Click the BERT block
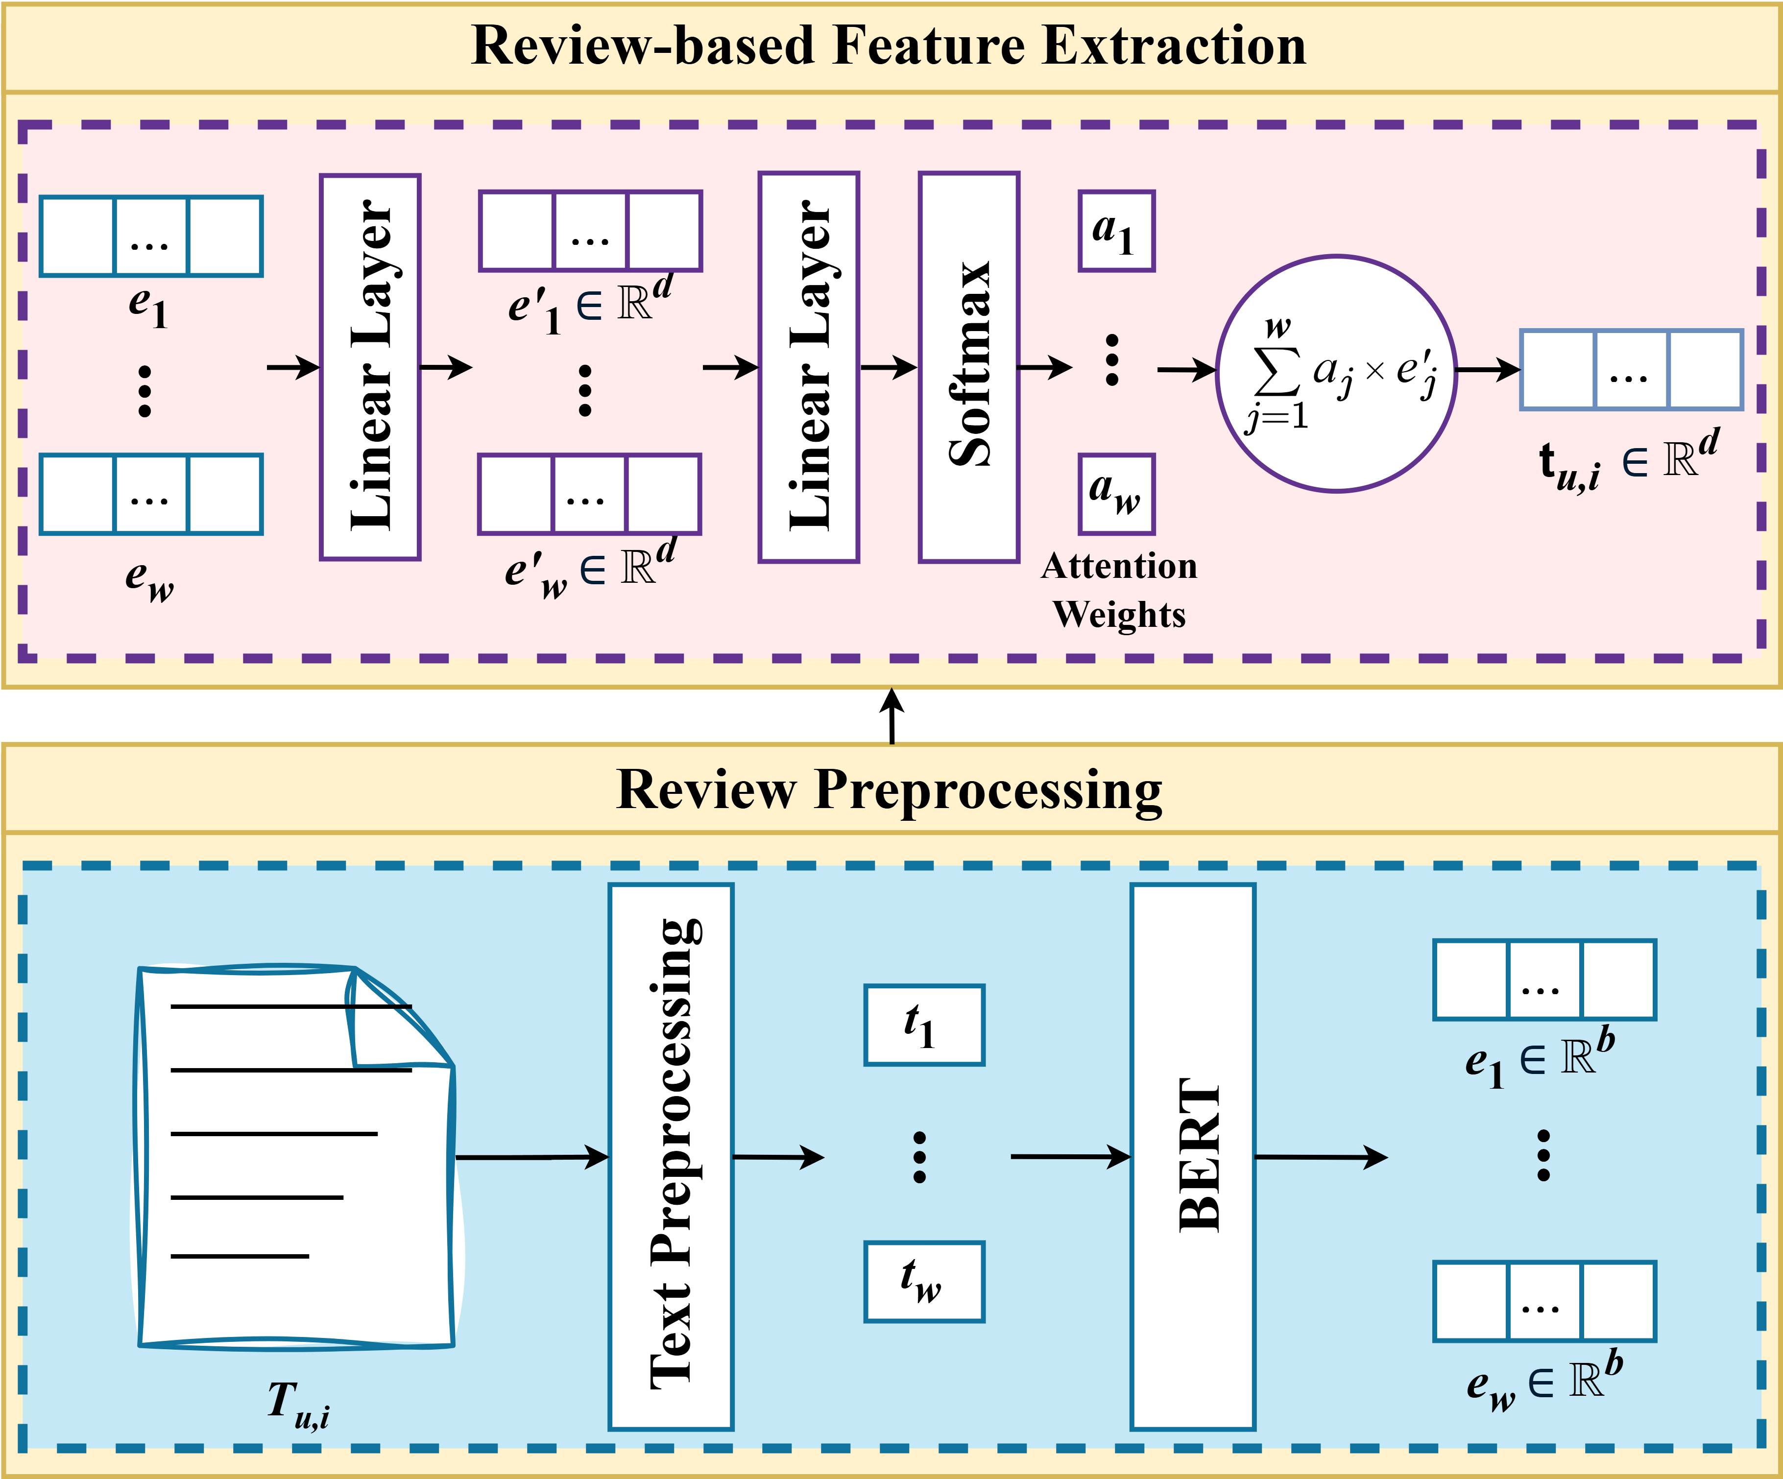[x=1193, y=1156]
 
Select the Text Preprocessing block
[x=671, y=1156]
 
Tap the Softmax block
[x=969, y=367]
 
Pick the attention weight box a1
[x=1116, y=231]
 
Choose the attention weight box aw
[x=1116, y=494]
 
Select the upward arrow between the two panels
[x=891, y=716]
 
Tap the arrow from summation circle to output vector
[x=1489, y=369]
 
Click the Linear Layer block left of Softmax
[x=809, y=367]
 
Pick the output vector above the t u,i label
[x=1631, y=369]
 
